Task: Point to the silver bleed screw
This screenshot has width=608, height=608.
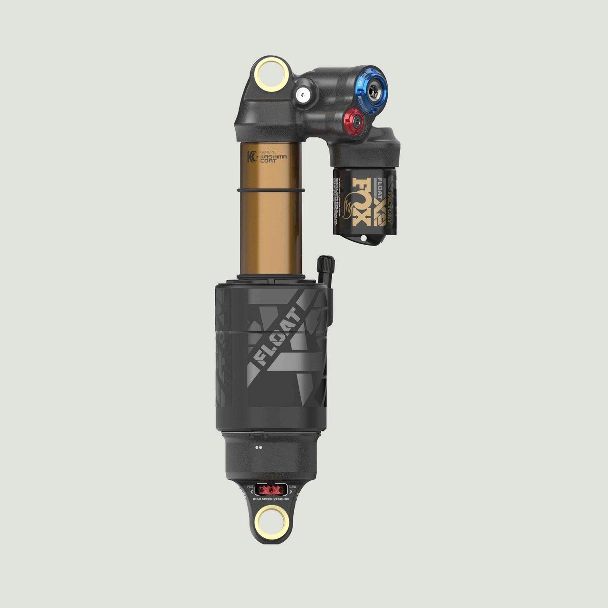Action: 304,94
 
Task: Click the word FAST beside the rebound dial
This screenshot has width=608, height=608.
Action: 250,487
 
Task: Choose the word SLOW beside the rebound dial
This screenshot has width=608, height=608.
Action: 292,487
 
